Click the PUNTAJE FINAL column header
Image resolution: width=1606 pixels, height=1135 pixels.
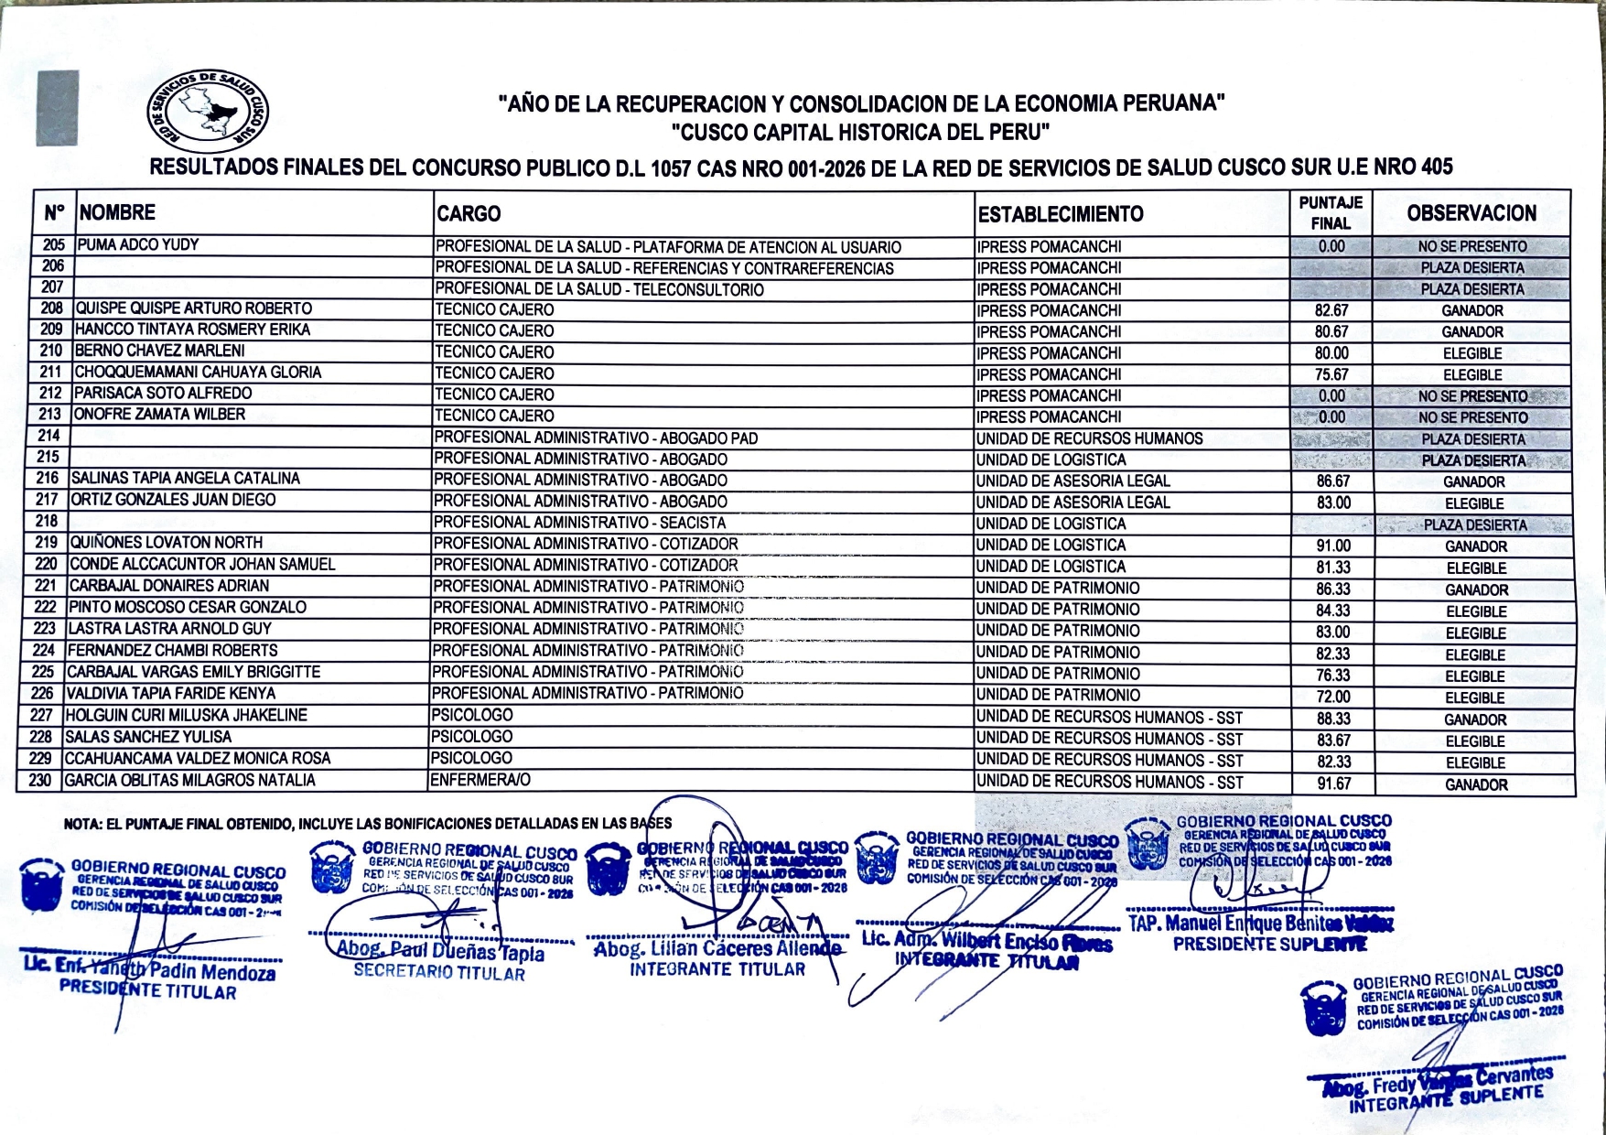[1331, 212]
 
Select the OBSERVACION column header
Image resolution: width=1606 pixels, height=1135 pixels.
[1471, 213]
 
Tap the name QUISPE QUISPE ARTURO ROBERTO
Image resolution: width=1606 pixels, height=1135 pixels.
[193, 308]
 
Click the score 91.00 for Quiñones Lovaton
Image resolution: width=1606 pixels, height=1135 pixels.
[1333, 546]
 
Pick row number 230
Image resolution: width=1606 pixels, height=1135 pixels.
[40, 780]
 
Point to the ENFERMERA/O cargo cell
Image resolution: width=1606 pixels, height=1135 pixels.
[480, 780]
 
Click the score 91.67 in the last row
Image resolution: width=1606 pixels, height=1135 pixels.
[1333, 784]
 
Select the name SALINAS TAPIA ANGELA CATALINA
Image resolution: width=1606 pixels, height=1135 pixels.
[186, 478]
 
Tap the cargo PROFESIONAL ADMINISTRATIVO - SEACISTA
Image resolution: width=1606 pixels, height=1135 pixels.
[579, 523]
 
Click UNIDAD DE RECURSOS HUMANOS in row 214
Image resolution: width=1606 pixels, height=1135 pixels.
[1089, 438]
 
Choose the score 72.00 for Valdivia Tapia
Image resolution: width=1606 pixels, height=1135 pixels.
[1333, 697]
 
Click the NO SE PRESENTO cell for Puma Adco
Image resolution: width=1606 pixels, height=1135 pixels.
[1471, 246]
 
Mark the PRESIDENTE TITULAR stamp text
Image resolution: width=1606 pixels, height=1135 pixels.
[147, 992]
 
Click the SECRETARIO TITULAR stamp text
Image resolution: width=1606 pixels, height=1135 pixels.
[439, 972]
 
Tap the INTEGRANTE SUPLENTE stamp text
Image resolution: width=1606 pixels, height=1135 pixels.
[1446, 1098]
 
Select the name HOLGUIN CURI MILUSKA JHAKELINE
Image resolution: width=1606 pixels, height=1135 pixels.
[186, 715]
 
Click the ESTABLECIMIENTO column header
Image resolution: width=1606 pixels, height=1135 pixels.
[1061, 214]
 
